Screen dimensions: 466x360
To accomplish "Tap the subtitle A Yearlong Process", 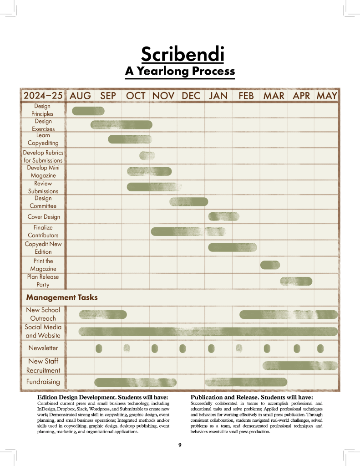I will tap(180, 71).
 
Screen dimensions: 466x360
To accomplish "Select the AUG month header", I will tap(80, 96).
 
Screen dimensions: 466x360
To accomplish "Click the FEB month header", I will tap(246, 96).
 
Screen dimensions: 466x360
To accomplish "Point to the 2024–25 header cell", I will tap(43, 96).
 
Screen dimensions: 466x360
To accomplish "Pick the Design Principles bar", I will tap(88, 111).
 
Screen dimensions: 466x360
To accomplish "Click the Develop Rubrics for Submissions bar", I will tap(147, 155).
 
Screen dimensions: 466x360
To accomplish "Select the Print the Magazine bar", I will tap(270, 265).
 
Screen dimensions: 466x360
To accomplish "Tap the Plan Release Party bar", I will tap(296, 281).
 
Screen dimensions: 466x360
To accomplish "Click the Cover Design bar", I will tap(223, 217).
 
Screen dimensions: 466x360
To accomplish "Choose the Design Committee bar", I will tap(188, 202).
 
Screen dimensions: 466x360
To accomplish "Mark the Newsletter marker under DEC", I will tap(183, 348).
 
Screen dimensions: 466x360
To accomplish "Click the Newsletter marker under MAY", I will tap(320, 348).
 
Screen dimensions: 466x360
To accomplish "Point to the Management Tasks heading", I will tap(62, 297).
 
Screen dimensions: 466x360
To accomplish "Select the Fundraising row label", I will tap(43, 382).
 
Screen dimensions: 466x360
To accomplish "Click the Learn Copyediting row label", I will tap(43, 139).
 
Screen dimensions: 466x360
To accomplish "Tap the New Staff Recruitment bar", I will tap(300, 365).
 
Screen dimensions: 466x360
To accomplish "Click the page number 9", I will tap(180, 445).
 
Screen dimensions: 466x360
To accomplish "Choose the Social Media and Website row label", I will tap(43, 331).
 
